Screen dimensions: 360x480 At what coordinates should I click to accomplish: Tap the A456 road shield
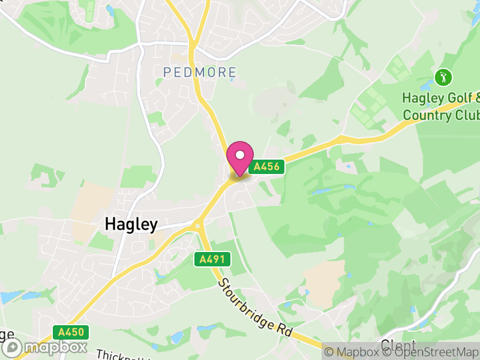coord(266,167)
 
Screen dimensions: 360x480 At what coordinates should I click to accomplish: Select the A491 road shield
coord(212,259)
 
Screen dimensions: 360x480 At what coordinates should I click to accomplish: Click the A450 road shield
coord(70,332)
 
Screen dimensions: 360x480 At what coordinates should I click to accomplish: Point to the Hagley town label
coord(131,224)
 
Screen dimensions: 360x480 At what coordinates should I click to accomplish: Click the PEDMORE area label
coord(200,72)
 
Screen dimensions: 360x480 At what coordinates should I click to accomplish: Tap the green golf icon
coord(443,77)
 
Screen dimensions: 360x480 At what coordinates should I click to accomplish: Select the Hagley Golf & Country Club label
coord(441,106)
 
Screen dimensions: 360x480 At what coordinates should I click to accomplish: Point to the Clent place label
coord(397,347)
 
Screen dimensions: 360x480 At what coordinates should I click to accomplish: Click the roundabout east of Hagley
coord(197,226)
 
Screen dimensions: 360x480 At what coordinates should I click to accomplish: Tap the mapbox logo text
coord(55,347)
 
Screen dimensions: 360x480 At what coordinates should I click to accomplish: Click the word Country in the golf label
coord(429,115)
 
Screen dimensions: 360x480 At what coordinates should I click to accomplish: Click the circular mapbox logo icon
coord(13,347)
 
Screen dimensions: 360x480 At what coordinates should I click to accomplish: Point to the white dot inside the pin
coord(240,155)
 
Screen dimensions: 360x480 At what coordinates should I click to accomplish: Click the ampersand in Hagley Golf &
coord(477,97)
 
